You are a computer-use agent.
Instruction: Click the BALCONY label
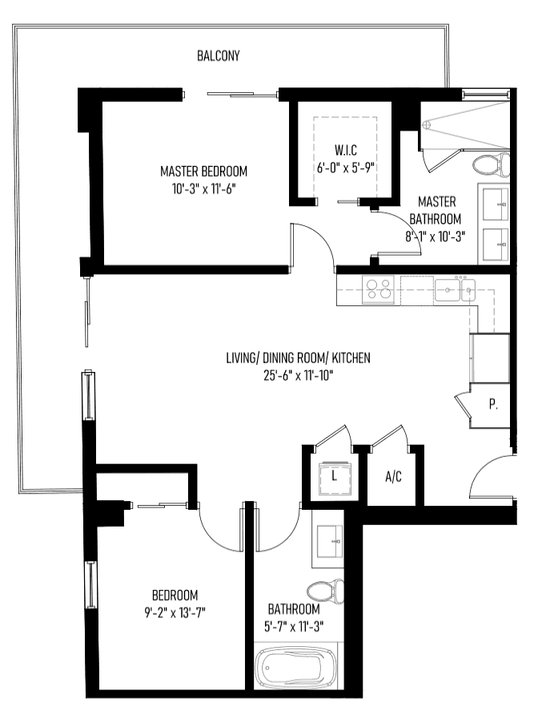[x=219, y=55]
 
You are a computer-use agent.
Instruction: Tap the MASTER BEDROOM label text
[x=203, y=172]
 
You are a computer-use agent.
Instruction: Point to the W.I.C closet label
[x=346, y=150]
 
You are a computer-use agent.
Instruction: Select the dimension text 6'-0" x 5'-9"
[x=346, y=168]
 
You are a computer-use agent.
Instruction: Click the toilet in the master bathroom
[x=492, y=164]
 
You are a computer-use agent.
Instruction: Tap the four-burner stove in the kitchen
[x=378, y=289]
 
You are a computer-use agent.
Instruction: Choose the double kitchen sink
[x=455, y=289]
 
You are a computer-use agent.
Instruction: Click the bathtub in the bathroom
[x=295, y=669]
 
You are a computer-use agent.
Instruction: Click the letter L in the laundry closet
[x=334, y=475]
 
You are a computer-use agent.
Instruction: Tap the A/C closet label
[x=393, y=477]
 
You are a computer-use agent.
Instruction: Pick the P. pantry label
[x=493, y=405]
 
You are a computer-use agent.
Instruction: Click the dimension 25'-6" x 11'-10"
[x=298, y=375]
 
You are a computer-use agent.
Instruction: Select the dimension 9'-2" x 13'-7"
[x=175, y=612]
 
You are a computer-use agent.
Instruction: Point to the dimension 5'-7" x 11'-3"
[x=294, y=626]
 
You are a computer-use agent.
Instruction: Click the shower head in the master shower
[x=428, y=123]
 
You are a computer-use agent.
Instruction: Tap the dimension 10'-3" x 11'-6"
[x=203, y=188]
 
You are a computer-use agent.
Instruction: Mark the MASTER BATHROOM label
[x=436, y=210]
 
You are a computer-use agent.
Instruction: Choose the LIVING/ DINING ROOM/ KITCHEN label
[x=298, y=358]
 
